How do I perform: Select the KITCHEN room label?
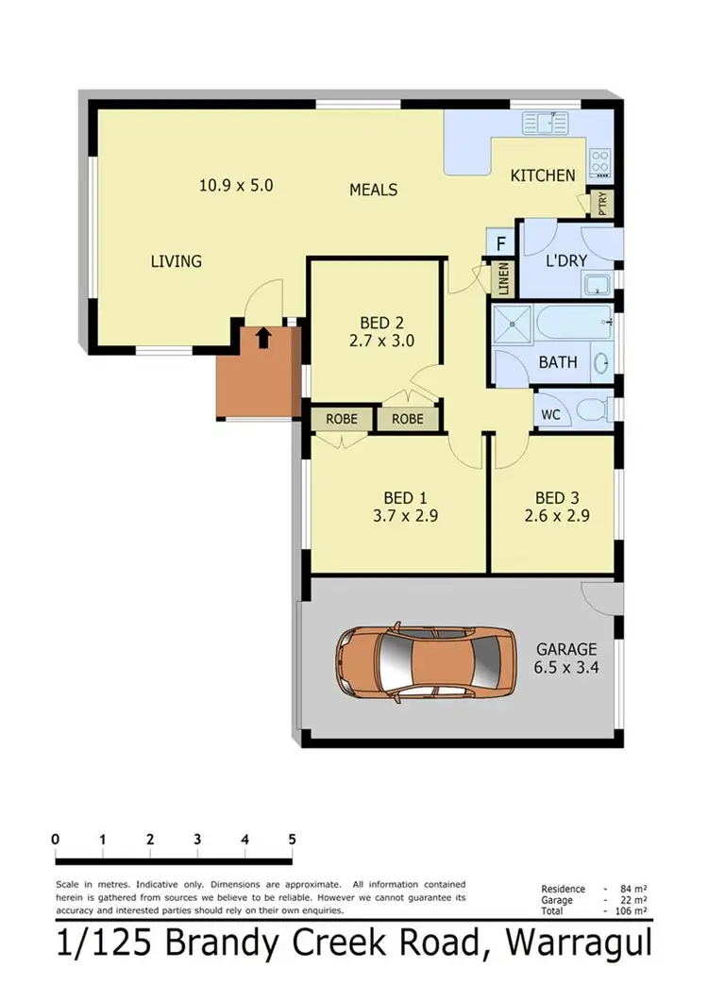(x=543, y=175)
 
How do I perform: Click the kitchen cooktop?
(x=599, y=162)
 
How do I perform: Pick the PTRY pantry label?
(x=602, y=204)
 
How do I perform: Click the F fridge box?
(x=500, y=243)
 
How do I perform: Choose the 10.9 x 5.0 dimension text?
(x=236, y=186)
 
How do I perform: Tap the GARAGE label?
(x=566, y=649)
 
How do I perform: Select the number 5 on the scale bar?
(x=293, y=839)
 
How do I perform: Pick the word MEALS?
(x=373, y=190)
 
